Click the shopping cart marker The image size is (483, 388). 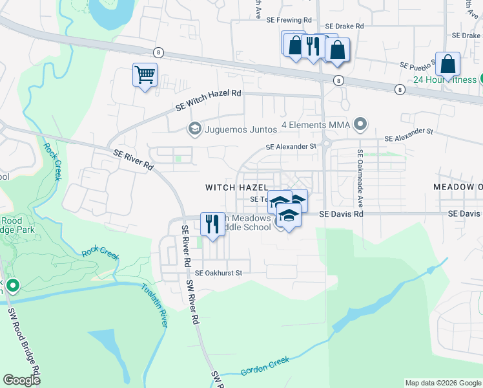tap(145, 74)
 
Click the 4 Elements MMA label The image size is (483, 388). tap(315, 124)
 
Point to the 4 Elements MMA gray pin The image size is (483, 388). tap(360, 124)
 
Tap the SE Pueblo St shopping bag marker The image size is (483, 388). tap(447, 65)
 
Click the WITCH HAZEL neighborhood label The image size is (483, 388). tap(236, 188)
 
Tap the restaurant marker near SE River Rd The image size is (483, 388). tap(212, 224)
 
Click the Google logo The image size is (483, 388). tap(22, 380)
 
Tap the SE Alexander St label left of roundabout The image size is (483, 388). tap(291, 147)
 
